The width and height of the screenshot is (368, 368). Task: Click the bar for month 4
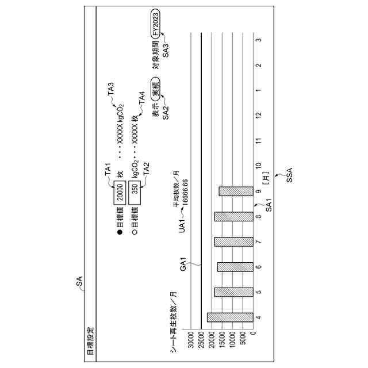(230, 317)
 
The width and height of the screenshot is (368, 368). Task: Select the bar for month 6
(235, 267)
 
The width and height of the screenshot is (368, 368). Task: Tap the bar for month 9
(236, 191)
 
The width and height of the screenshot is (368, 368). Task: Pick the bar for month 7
(233, 241)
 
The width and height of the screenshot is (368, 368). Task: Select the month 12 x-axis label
(259, 116)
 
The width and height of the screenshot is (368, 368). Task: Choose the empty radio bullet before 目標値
(136, 232)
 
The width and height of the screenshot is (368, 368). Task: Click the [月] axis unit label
(264, 182)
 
